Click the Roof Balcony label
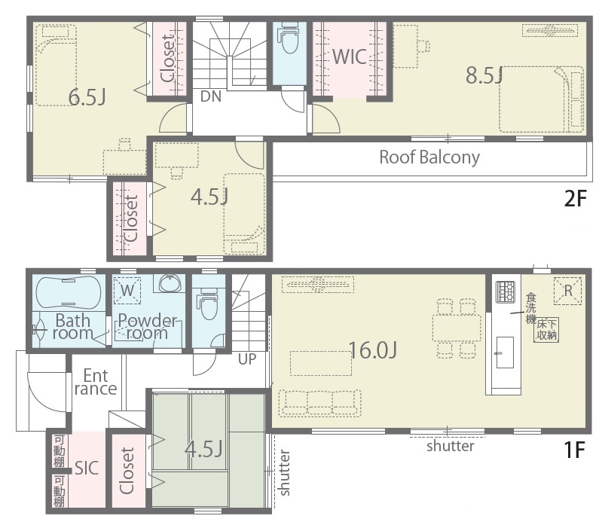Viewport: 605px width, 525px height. (x=429, y=157)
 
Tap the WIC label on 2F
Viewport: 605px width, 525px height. (x=350, y=57)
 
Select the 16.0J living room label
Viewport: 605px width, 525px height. (x=373, y=350)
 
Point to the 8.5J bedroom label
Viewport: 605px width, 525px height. (x=484, y=75)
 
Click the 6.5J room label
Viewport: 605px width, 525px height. (x=87, y=97)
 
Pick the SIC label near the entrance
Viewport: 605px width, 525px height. (x=87, y=468)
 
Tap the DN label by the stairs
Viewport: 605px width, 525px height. (x=211, y=96)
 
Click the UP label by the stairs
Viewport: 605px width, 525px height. (x=247, y=359)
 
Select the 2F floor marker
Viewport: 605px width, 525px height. (x=575, y=199)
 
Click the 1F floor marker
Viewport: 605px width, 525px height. (x=575, y=450)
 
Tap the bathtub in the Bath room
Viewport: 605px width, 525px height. (x=69, y=292)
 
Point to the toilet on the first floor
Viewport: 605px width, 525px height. (x=209, y=305)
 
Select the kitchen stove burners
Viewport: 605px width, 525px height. (x=506, y=291)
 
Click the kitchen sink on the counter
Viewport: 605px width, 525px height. (x=505, y=353)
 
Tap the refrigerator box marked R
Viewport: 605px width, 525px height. (x=567, y=291)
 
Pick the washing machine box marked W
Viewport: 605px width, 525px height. (x=127, y=291)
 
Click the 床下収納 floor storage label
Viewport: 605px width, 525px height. (x=547, y=330)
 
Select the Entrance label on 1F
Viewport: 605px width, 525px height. (x=96, y=382)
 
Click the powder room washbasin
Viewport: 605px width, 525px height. (x=170, y=283)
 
